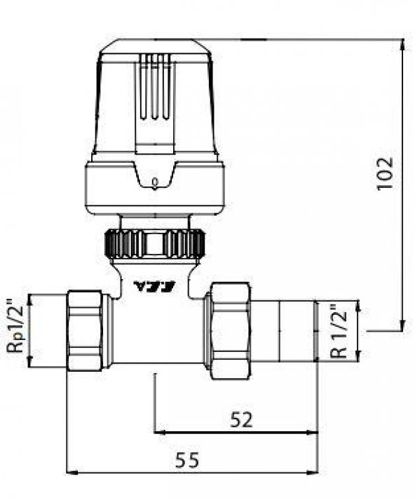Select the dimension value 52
(x=240, y=419)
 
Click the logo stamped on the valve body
(x=154, y=285)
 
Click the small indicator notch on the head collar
(x=154, y=184)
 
